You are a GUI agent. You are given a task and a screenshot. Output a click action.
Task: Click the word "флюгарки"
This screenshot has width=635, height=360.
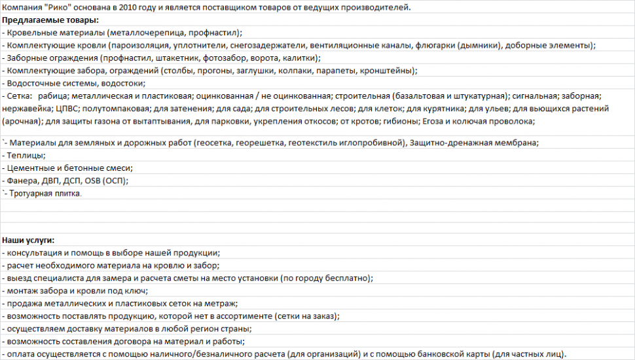[439, 45]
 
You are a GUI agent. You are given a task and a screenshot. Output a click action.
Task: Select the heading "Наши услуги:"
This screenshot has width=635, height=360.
[28, 240]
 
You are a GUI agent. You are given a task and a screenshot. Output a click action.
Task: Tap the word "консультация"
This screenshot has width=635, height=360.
[34, 253]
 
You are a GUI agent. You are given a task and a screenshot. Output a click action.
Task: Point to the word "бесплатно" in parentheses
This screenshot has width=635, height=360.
[347, 278]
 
